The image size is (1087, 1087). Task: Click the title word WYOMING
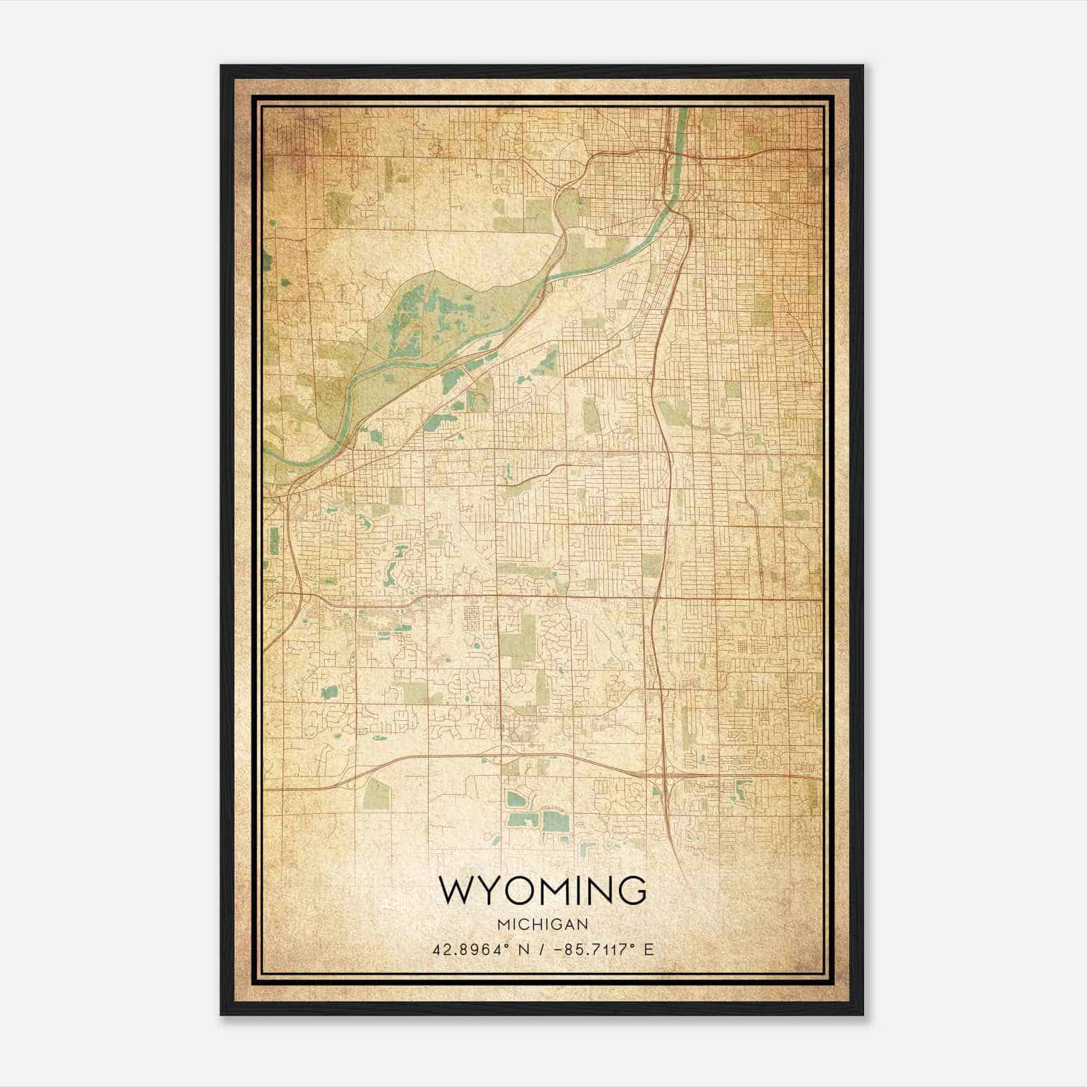click(543, 891)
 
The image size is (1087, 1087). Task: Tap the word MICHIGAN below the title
click(543, 925)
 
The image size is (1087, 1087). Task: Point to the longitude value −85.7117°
click(590, 949)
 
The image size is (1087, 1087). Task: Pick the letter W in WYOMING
click(457, 891)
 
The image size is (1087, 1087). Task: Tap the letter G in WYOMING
click(631, 891)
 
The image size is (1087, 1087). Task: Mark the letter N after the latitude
click(523, 949)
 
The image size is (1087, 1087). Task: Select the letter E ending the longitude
click(649, 949)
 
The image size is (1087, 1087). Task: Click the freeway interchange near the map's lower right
click(662, 774)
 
